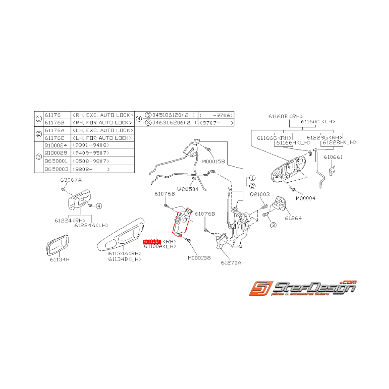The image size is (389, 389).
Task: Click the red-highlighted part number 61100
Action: coord(151,242)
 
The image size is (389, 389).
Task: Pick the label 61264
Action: coord(293,218)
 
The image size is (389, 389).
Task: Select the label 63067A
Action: coord(71,180)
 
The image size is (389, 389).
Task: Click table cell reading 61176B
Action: coord(54,122)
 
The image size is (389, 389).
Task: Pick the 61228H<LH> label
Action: coord(339,142)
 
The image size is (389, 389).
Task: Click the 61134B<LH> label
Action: coord(125,259)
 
